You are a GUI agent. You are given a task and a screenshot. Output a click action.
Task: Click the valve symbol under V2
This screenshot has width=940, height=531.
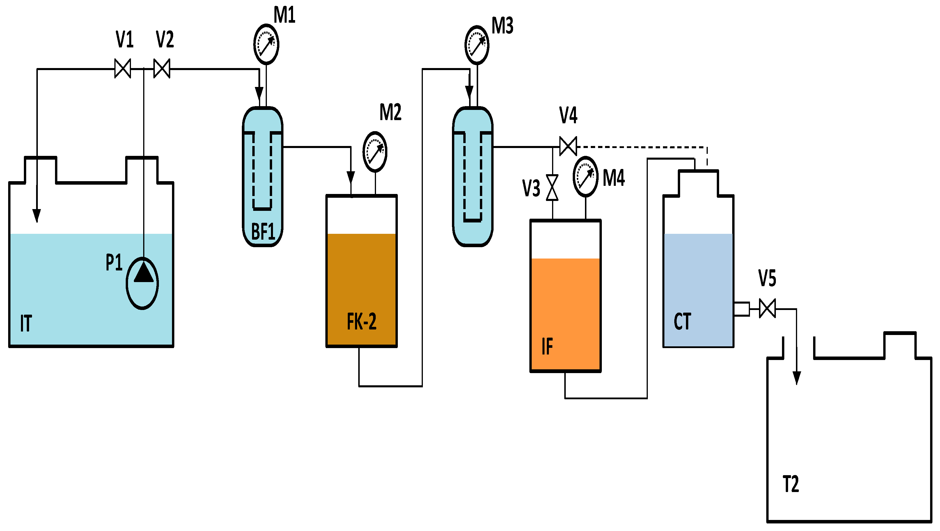(x=162, y=69)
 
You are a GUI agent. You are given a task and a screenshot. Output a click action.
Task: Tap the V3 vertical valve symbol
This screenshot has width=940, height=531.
(x=552, y=188)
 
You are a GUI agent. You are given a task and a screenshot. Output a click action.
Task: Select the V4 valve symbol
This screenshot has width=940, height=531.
(x=568, y=146)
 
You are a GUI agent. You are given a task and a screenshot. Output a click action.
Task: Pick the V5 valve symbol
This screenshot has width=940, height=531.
(x=767, y=309)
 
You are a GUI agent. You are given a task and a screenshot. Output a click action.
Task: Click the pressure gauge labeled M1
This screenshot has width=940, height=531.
(x=266, y=44)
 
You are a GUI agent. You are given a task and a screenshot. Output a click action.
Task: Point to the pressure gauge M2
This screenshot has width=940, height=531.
(x=375, y=152)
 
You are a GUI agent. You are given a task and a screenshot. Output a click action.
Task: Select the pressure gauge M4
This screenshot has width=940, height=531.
(x=585, y=177)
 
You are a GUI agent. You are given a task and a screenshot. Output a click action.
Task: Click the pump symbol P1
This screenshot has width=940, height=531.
(x=142, y=283)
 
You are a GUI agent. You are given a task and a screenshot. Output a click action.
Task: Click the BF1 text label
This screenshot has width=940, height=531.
(x=263, y=231)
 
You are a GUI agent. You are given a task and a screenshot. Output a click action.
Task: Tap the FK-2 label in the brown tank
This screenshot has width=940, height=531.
(x=361, y=322)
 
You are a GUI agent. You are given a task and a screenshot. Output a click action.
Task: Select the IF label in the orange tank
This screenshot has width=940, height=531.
(x=547, y=346)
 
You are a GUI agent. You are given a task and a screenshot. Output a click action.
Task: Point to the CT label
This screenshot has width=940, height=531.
(x=682, y=322)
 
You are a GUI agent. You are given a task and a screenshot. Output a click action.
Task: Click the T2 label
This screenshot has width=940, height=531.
(x=791, y=484)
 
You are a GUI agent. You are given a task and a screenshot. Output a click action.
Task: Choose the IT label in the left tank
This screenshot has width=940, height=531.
(x=26, y=323)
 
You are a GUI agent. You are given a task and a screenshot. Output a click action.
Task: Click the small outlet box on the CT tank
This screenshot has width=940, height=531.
(x=742, y=309)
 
